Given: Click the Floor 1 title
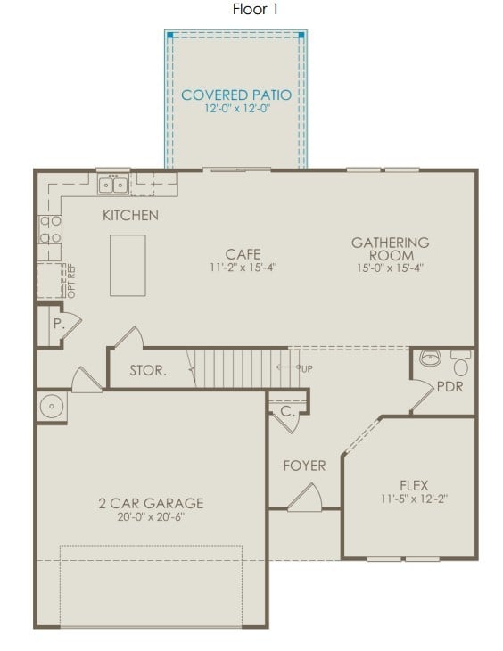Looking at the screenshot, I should coord(255,10).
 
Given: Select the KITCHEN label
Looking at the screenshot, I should coord(130,215).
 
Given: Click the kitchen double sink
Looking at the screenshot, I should coord(113,185).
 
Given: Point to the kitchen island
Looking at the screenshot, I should coord(128,265).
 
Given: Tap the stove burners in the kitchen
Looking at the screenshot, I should coord(50,229).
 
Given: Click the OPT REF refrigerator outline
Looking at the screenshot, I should coord(51,281).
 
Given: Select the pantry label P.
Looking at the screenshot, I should coord(58,325).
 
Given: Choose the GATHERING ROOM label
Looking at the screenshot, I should coord(390,248).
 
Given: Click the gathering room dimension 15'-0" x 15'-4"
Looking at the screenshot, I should coord(390,268).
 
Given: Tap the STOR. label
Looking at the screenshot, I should coord(148,370).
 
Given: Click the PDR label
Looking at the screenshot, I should coord(449,387).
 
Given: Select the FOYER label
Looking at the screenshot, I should coord(304,466).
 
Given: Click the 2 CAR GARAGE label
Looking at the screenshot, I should coord(151,503).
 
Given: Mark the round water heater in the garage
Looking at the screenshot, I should coord(53,407).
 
